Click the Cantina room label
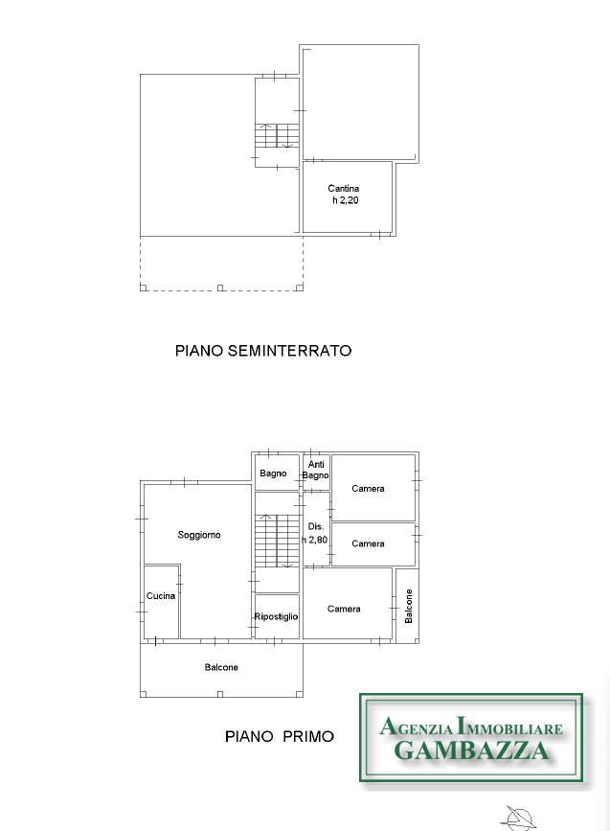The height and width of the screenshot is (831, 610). point(344,188)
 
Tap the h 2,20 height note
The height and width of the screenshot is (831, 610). point(346,199)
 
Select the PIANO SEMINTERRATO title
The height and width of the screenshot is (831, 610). point(263,351)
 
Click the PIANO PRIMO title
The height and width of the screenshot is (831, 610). point(280,736)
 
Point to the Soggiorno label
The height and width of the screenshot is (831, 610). point(199,535)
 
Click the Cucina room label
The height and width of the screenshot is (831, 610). point(161,595)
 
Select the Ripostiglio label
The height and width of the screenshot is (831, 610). point(276,616)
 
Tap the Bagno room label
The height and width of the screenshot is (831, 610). point(273,473)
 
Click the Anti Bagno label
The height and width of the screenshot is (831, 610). point(316,470)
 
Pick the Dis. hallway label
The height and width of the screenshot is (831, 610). point(316,526)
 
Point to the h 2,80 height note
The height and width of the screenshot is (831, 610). point(315,540)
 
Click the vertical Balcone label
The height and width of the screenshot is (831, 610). point(408,607)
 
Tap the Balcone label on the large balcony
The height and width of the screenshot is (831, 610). point(221,667)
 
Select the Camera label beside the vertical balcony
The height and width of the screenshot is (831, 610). point(344,609)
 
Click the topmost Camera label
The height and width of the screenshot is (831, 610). point(368,489)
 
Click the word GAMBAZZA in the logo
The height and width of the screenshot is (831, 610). point(472,750)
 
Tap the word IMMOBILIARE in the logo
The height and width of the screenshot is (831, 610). point(509,727)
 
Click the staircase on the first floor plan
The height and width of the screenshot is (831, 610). point(277,541)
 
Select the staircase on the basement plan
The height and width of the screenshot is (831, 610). point(277,136)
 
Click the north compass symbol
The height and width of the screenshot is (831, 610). point(518,818)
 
